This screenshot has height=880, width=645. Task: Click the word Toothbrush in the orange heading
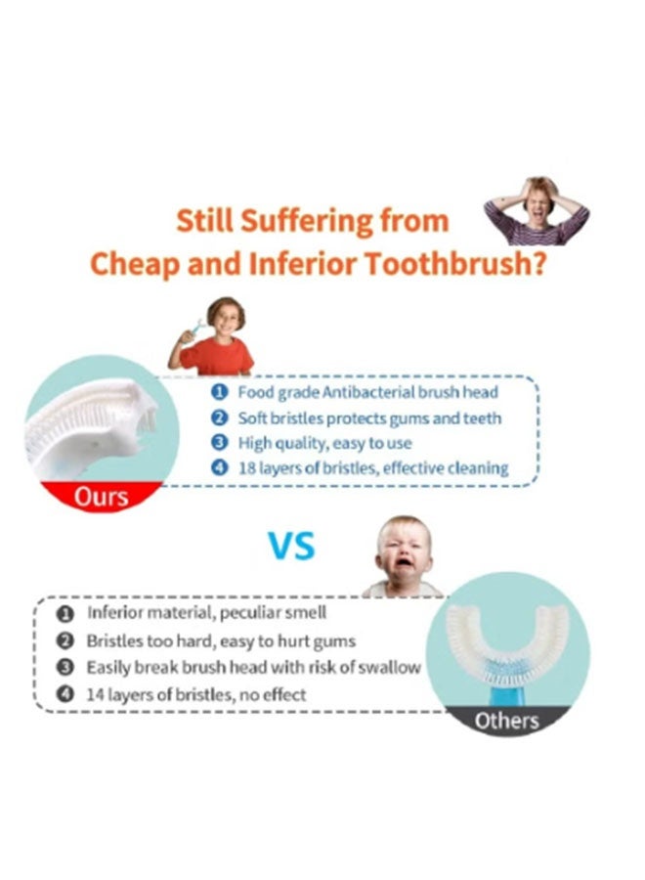pyautogui.click(x=454, y=264)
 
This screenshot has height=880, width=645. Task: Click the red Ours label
pyautogui.click(x=101, y=497)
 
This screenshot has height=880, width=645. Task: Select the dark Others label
pyautogui.click(x=506, y=721)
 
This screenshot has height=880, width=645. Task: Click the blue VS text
pyautogui.click(x=291, y=546)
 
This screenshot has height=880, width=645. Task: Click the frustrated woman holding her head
pyautogui.click(x=537, y=211)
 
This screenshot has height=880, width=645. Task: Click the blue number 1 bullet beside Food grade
pyautogui.click(x=219, y=392)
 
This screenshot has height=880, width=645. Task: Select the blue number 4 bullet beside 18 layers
pyautogui.click(x=219, y=467)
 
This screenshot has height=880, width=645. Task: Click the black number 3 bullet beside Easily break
pyautogui.click(x=65, y=667)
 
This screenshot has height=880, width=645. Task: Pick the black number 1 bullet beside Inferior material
pyautogui.click(x=65, y=613)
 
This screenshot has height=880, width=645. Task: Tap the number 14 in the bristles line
pyautogui.click(x=95, y=695)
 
